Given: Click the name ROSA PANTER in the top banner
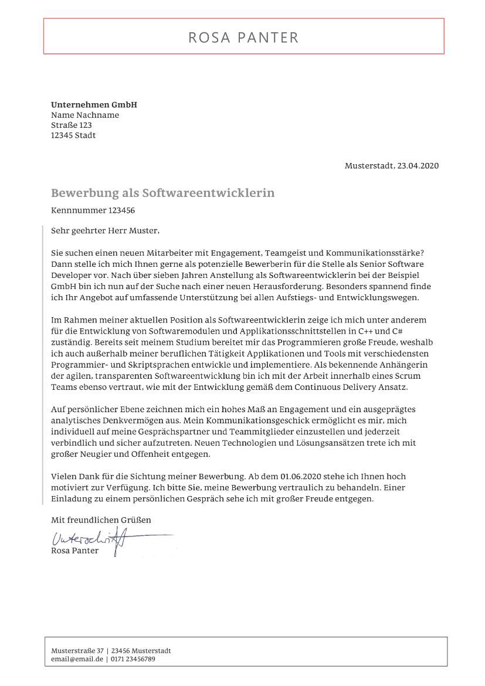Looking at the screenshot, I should [243, 38].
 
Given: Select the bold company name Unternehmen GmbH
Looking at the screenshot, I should [94, 105].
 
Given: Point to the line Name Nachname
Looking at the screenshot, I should [85, 115].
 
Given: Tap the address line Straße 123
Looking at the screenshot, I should [71, 125].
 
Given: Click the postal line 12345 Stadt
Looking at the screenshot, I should [73, 135].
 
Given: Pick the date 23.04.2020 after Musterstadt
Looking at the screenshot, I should [417, 166].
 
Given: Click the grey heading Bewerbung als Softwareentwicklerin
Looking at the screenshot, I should [162, 193].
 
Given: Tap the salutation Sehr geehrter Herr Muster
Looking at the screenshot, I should [105, 230].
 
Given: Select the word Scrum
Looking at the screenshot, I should [409, 375].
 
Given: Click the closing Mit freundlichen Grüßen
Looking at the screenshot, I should [101, 520].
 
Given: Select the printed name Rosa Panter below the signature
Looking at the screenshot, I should [75, 551].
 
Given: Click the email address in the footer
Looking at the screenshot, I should [77, 659].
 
